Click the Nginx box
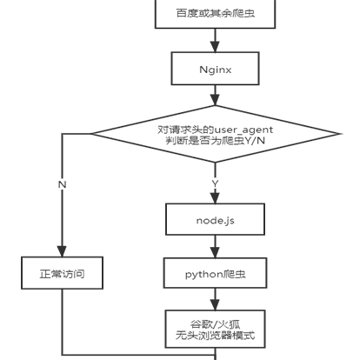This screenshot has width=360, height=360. pyautogui.click(x=215, y=69)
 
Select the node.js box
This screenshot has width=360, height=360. pyautogui.click(x=215, y=219)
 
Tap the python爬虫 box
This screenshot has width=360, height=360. pyautogui.click(x=215, y=273)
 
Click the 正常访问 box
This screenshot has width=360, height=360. pyautogui.click(x=62, y=273)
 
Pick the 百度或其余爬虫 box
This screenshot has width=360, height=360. pyautogui.click(x=215, y=13)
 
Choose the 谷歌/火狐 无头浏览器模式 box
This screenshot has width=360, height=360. pyautogui.click(x=215, y=329)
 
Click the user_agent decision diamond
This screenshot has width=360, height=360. pyautogui.click(x=215, y=134)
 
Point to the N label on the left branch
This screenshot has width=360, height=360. pyautogui.click(x=62, y=184)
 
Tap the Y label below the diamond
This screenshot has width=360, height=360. pyautogui.click(x=215, y=183)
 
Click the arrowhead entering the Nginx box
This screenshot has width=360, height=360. pyautogui.click(x=215, y=46)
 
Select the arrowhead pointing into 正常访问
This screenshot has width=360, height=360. pyautogui.click(x=62, y=251)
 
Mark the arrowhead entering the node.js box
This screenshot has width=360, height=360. pyautogui.click(x=215, y=197)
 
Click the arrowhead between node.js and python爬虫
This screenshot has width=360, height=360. pyautogui.click(x=215, y=252)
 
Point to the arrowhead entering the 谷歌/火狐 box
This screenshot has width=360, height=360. pyautogui.click(x=215, y=304)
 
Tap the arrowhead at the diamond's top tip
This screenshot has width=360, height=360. pyautogui.click(x=215, y=100)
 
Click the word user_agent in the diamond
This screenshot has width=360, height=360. pyautogui.click(x=243, y=130)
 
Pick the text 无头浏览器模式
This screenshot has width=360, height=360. pyautogui.click(x=215, y=336)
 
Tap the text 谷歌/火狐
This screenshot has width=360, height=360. pyautogui.click(x=215, y=324)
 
